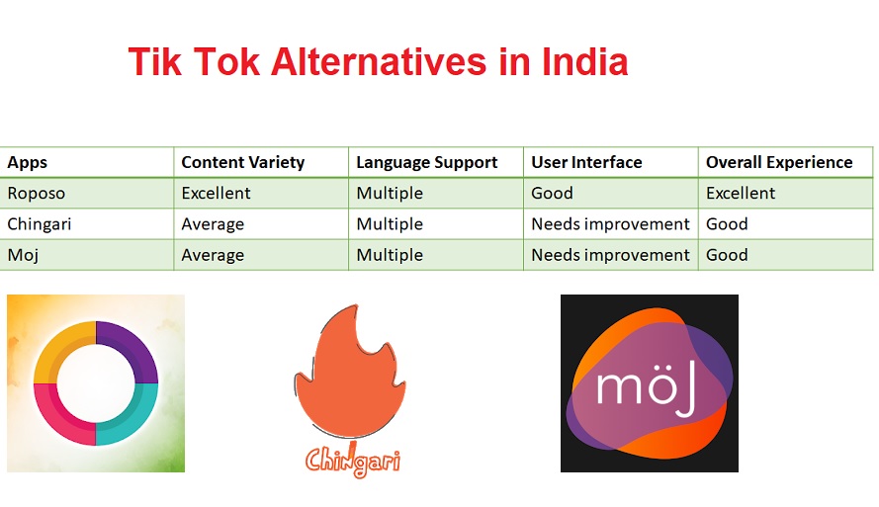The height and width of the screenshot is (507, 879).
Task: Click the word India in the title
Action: point(584,61)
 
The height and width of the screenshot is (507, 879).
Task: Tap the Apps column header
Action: point(27,162)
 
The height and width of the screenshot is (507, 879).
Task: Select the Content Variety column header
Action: point(242,162)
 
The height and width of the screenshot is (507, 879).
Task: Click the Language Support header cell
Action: point(426,162)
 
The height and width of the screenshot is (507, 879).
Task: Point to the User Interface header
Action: point(586,162)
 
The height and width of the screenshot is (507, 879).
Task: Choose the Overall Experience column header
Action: point(779,162)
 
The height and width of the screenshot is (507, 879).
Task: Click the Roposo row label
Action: point(36,194)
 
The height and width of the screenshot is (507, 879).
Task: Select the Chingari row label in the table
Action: point(40,224)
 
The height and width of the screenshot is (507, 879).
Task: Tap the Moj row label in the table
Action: point(23,255)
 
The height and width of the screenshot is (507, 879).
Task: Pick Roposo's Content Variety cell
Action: point(216,194)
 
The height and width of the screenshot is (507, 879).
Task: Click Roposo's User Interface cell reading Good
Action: point(552,194)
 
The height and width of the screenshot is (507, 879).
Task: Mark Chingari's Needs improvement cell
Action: point(610,224)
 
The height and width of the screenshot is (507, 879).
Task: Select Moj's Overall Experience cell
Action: point(727,255)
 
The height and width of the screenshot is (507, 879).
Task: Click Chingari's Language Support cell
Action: point(390,224)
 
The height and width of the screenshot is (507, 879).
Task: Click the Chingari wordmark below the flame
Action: point(353,460)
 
